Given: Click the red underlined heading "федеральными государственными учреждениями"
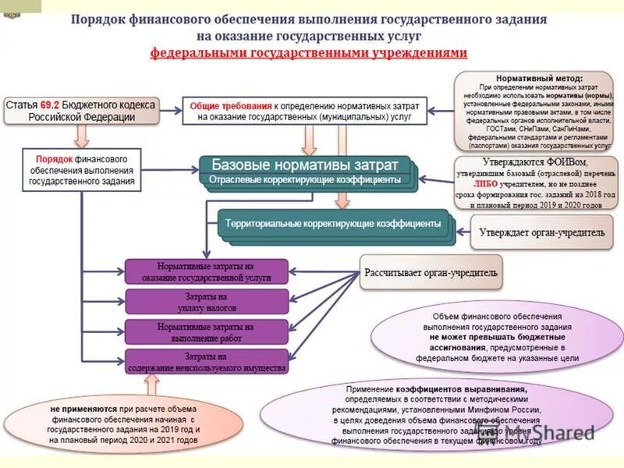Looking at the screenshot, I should (x=309, y=53).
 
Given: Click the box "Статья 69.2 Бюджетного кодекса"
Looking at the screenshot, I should (x=81, y=110).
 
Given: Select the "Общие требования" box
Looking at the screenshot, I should (x=306, y=110).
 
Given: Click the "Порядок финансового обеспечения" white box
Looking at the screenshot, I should (x=82, y=169).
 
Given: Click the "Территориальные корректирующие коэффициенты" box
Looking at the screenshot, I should (x=333, y=223).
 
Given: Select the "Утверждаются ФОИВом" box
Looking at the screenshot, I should (x=537, y=183).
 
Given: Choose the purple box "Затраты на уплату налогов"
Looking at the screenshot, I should (x=207, y=302).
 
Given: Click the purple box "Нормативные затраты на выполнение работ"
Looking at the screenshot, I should (x=207, y=332).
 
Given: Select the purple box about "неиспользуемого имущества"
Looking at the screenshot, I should (x=207, y=362).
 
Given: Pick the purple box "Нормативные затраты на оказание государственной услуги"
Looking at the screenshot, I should (x=207, y=271).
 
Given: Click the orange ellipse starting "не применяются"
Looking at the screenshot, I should (x=125, y=424).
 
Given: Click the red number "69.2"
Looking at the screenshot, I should (x=50, y=104).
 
